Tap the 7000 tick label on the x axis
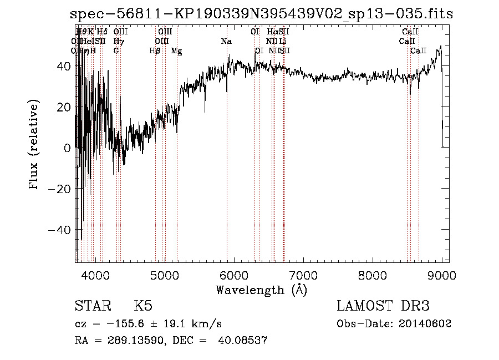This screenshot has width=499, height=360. [x=303, y=274]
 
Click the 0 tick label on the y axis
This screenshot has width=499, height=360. [x=67, y=148]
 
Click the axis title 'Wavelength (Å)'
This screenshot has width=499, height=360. [x=261, y=290]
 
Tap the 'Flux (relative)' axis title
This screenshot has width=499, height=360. [x=34, y=145]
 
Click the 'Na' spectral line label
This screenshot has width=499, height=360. [x=226, y=42]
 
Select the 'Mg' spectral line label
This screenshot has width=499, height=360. [x=176, y=51]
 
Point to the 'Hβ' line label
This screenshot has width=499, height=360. [x=155, y=51]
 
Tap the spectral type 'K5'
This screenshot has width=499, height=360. [x=143, y=307]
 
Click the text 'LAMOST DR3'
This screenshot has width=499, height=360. [x=383, y=307]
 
